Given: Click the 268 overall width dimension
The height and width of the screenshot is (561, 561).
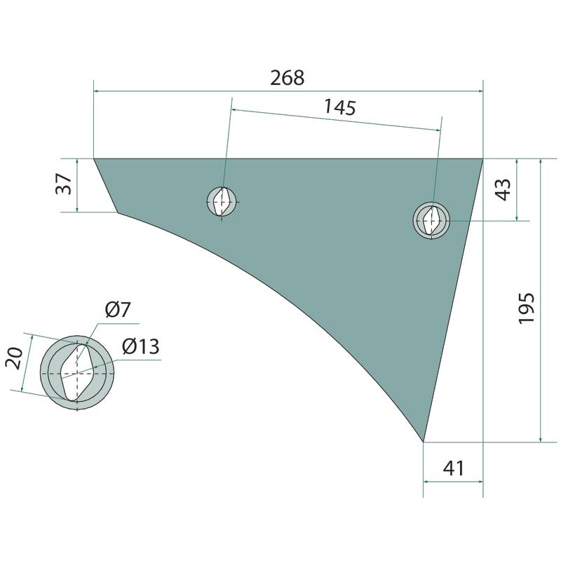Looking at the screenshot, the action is [x=287, y=78].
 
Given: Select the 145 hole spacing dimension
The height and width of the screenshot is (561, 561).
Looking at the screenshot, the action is [x=340, y=107].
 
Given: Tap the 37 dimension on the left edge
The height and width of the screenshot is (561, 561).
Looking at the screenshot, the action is [x=64, y=184].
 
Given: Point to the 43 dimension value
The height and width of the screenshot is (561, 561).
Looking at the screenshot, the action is [x=503, y=189].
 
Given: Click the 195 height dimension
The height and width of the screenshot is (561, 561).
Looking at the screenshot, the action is [x=527, y=309].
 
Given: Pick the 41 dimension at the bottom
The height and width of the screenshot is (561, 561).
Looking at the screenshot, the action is [x=453, y=468].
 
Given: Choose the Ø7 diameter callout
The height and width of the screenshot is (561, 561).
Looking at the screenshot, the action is [x=118, y=309].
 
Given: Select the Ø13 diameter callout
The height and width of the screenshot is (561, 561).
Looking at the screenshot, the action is [x=141, y=346].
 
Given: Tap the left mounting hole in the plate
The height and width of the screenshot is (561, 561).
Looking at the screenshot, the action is [x=222, y=202].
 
